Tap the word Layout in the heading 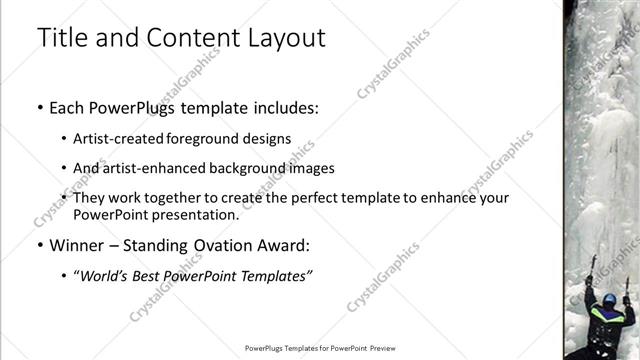click(287, 38)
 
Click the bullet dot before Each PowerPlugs click(40, 107)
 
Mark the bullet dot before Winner click(40, 245)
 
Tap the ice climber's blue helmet click(609, 299)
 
